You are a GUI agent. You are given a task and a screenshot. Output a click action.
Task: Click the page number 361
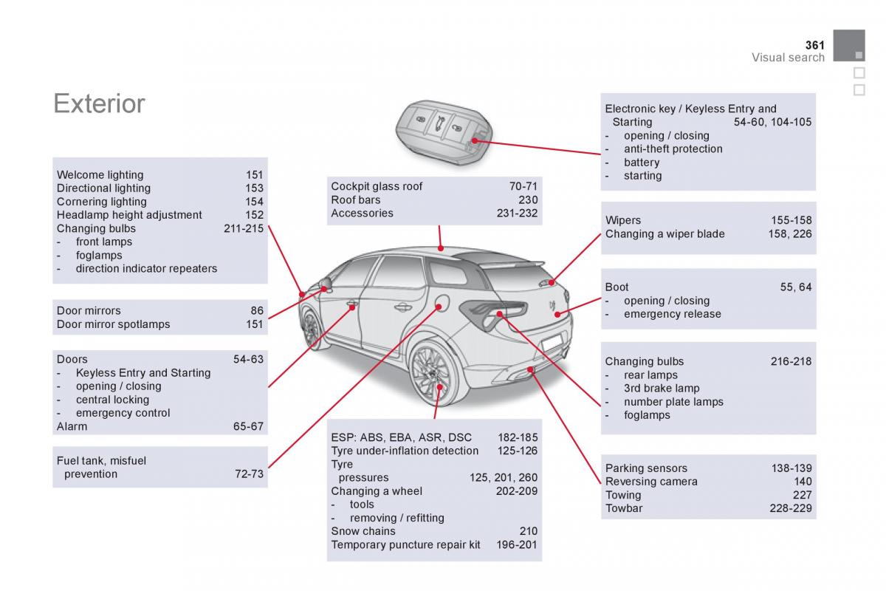pyautogui.click(x=815, y=45)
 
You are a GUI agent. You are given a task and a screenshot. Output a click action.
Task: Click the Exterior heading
pyautogui.click(x=99, y=103)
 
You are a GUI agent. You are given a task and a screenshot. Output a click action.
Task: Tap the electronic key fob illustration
pyautogui.click(x=444, y=131)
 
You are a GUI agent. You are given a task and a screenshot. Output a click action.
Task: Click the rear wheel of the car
pyautogui.click(x=434, y=373)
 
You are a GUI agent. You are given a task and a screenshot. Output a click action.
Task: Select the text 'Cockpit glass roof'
pyautogui.click(x=377, y=186)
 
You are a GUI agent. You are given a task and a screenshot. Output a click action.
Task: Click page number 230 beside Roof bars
pyautogui.click(x=528, y=200)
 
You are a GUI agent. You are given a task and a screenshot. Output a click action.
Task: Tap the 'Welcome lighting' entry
pyautogui.click(x=100, y=175)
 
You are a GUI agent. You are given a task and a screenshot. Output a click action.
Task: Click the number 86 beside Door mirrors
pyautogui.click(x=257, y=311)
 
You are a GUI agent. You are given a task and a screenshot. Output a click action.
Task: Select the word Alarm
pyautogui.click(x=72, y=427)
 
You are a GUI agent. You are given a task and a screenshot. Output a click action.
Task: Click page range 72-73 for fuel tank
pyautogui.click(x=250, y=474)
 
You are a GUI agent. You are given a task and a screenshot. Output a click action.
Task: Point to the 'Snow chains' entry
pyautogui.click(x=363, y=531)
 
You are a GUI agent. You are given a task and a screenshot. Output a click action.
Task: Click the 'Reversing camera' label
pyautogui.click(x=651, y=482)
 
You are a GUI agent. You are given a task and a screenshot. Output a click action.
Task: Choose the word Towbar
pyautogui.click(x=624, y=508)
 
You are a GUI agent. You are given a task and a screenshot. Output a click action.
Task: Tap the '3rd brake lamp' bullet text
pyautogui.click(x=662, y=389)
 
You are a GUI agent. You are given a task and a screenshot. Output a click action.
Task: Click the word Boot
pyautogui.click(x=617, y=287)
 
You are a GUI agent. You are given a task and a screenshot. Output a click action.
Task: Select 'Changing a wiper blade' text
pyautogui.click(x=665, y=234)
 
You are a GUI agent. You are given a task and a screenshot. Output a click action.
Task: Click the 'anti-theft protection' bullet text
pyautogui.click(x=673, y=149)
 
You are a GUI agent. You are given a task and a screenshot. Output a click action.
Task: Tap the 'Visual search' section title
pyautogui.click(x=788, y=58)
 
